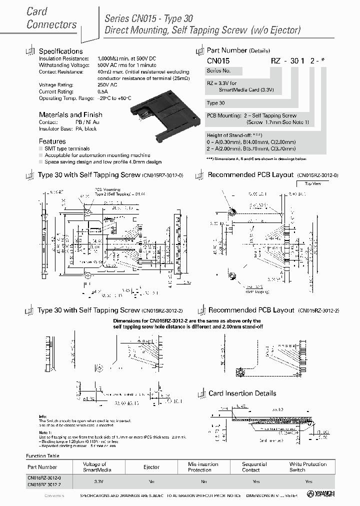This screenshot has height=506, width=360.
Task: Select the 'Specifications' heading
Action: coord(60,51)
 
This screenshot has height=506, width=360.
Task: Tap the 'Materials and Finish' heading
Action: coord(70,114)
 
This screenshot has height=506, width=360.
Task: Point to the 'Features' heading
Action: coord(52,141)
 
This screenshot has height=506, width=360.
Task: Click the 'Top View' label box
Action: coord(313,184)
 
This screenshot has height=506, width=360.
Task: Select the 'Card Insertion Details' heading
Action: coord(242,393)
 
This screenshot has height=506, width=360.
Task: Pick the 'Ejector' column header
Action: coord(152,467)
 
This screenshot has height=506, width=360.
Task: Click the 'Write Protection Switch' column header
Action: coord(308,467)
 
